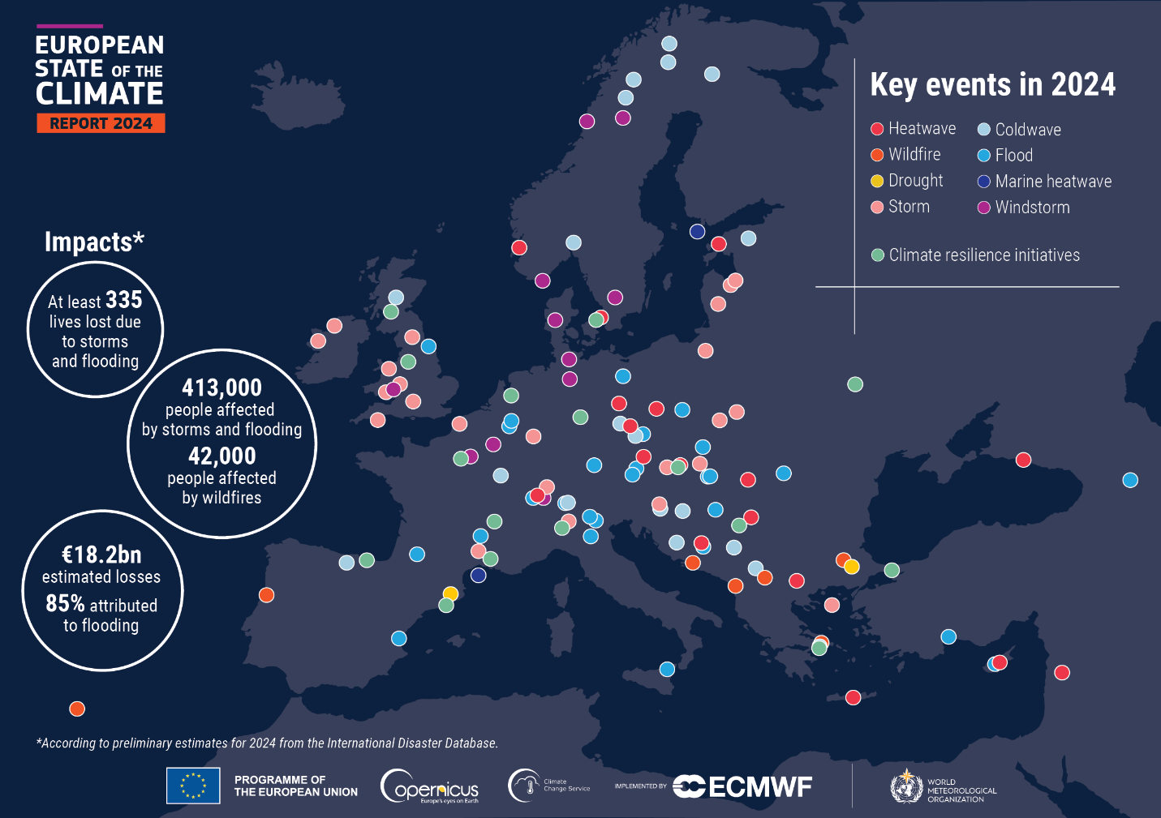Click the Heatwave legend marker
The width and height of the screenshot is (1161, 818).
877,129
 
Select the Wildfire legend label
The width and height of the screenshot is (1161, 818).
914,154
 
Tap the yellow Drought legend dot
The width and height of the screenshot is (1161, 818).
877,181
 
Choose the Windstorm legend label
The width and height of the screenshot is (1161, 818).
1032,208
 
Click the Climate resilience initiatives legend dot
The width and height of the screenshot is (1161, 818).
877,255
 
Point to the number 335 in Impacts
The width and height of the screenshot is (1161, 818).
123,300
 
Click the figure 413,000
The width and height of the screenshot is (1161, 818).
221,388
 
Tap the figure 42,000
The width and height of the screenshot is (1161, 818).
221,456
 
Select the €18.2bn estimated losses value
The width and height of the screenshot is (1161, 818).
101,555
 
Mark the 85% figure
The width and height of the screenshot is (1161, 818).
65,603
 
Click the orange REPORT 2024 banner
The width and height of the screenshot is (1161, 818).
101,123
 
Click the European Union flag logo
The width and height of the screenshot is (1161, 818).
193,786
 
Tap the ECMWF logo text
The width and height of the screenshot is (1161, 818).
759,786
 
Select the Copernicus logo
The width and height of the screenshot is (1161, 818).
430,786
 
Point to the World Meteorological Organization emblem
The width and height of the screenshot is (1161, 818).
905,786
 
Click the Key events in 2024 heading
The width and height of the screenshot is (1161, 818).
992,84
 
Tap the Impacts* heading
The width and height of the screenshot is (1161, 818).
94,242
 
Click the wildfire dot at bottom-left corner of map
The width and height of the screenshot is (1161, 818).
77,709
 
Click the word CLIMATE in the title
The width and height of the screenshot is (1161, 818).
99,94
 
